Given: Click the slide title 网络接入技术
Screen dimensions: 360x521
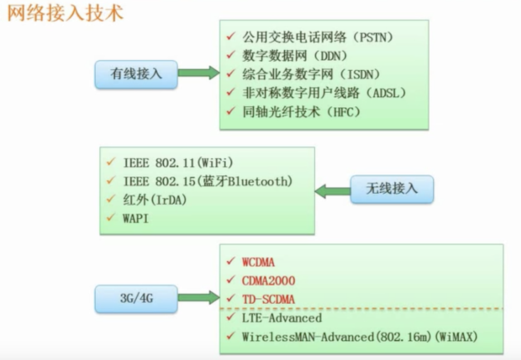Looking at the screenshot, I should pos(65,12).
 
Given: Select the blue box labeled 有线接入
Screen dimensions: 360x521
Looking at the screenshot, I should pos(136,74).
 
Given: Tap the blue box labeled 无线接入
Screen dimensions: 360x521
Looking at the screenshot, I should pos(392,189).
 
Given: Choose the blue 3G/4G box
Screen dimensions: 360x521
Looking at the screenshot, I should pos(136,298).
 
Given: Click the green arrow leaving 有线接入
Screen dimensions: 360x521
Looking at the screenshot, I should pos(199,73).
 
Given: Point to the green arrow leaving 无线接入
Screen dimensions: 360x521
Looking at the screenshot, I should pos(332,191).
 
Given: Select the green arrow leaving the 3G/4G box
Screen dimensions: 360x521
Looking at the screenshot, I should pos(199,297).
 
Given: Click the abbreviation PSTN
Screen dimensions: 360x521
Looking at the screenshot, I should pos(374,37).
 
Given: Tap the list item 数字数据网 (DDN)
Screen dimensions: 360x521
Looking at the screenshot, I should pos(294,56).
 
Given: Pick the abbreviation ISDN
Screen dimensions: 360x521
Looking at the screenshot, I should pos(361,74).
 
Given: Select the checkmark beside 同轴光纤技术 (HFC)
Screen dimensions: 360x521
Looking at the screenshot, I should pos(231,111).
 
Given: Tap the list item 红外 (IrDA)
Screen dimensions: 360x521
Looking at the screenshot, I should pos(155,200).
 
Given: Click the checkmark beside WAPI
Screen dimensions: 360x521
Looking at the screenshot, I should pos(111,218).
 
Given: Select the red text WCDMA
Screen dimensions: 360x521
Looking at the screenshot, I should pos(258,262).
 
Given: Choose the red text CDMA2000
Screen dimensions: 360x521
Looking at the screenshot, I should pos(268,281).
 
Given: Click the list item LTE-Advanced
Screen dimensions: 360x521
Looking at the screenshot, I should pos(282,318).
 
